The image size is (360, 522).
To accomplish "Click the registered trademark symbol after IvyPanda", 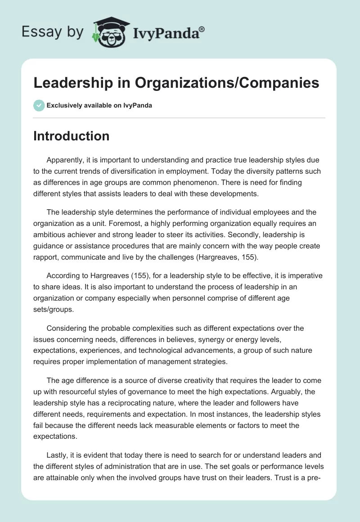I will click(x=202, y=29).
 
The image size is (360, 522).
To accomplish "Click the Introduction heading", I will click(x=71, y=136).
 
